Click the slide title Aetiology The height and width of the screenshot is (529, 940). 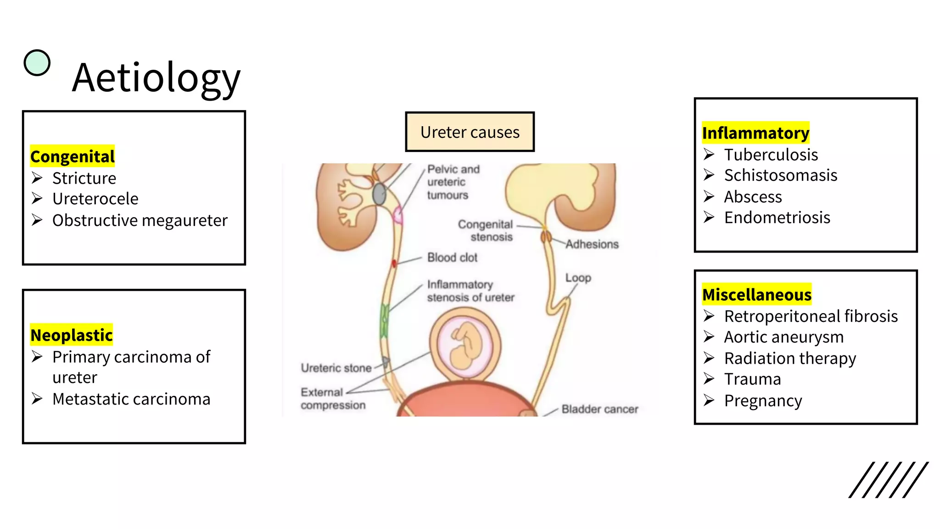pos(156,78)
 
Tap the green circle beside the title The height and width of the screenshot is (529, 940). pos(37,62)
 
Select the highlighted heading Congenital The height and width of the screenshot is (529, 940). pos(73,157)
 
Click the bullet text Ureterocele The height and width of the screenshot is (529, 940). pos(95,199)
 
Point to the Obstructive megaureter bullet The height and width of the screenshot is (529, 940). pos(140,220)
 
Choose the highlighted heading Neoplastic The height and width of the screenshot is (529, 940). pos(72,335)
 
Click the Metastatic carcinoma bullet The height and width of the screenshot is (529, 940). pos(131,399)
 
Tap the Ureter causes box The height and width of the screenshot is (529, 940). pos(470,132)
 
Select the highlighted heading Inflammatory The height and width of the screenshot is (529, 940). pos(755,133)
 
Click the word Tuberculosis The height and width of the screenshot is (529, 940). pos(771,155)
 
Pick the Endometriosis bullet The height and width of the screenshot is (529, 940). pos(777,218)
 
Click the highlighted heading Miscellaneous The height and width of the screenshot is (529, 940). pos(757,295)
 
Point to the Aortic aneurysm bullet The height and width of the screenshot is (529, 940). pos(783,337)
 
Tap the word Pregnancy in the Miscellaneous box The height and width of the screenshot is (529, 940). pos(763,401)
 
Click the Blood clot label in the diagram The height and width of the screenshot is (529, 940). pos(452,258)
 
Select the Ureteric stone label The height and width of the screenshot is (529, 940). pos(336,368)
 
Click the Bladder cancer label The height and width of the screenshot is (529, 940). pos(599,409)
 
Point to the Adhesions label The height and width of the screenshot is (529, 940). pos(592,244)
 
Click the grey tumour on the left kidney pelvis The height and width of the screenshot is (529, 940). pos(379,194)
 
